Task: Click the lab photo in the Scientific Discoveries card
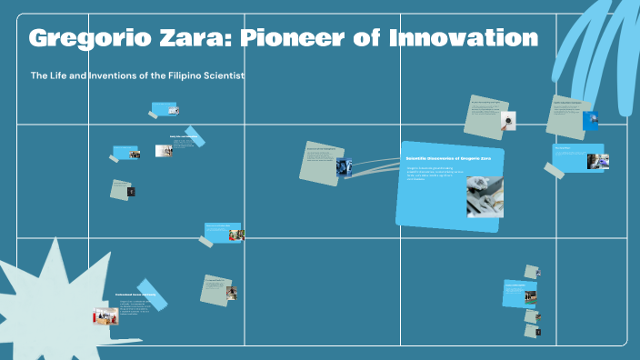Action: (484, 195)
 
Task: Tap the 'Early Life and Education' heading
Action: (184, 137)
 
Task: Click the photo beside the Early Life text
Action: (163, 151)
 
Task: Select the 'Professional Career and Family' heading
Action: (135, 295)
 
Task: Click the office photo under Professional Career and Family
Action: (105, 317)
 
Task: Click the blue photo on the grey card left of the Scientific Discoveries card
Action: (344, 166)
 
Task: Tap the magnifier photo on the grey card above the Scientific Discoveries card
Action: (510, 118)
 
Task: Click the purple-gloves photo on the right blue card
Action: (597, 161)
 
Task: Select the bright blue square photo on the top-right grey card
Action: (591, 120)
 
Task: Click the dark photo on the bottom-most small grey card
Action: (538, 333)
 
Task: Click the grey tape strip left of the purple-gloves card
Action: (555, 169)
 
